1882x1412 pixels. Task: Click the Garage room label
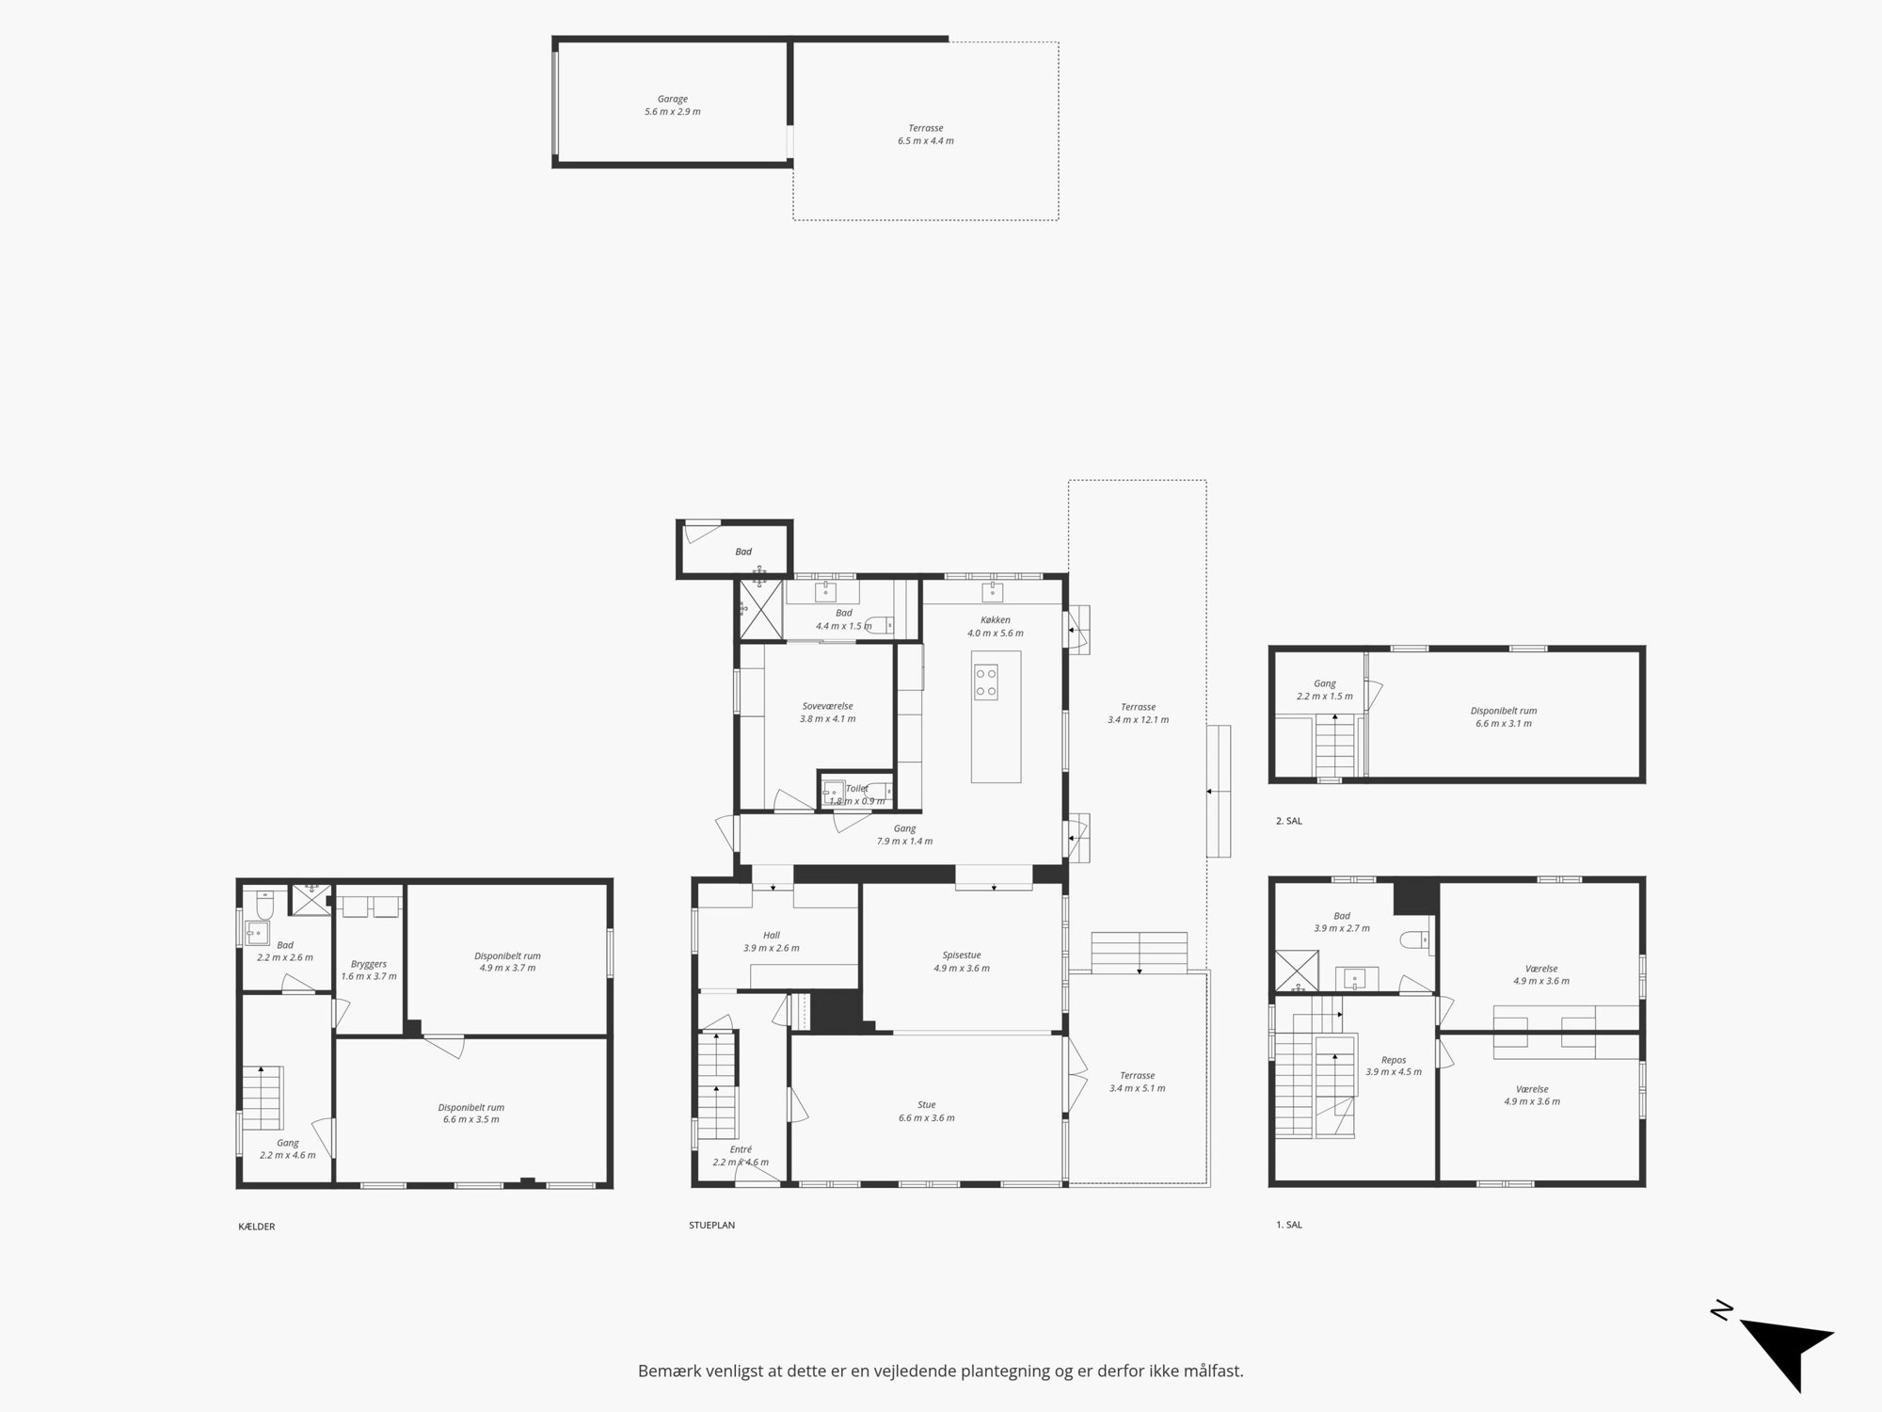[672, 99]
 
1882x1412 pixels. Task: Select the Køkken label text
[995, 620]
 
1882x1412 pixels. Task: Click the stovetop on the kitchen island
[986, 682]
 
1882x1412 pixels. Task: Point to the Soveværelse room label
[827, 706]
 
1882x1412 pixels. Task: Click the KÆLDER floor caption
[257, 1227]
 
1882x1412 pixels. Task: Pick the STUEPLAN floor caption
[711, 1226]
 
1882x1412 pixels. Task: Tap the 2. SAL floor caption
[1289, 821]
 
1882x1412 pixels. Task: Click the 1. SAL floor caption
[1289, 1225]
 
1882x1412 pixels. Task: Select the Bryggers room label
[369, 964]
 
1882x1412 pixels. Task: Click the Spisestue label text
[962, 955]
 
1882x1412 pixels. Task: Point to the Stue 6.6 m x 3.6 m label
[927, 1112]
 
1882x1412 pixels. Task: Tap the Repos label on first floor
[1394, 1060]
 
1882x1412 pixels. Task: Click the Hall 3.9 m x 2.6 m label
[772, 941]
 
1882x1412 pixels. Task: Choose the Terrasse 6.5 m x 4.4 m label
[926, 135]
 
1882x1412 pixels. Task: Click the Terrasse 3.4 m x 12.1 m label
[1139, 714]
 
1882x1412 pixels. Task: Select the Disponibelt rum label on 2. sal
[1504, 711]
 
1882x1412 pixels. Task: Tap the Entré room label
[741, 1149]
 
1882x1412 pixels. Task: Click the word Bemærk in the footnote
[668, 1372]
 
